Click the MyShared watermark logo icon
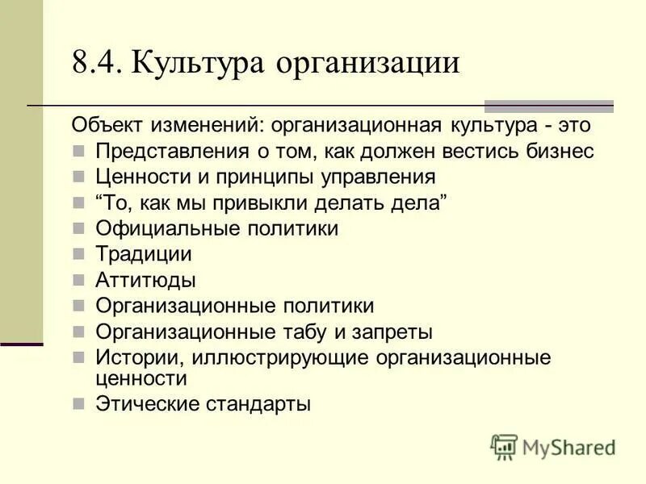point(505,446)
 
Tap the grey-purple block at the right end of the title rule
point(548,106)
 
